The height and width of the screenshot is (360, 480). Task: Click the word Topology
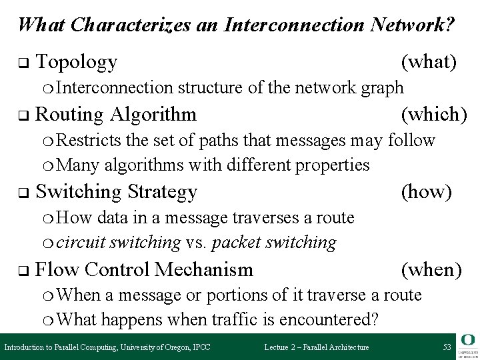(77, 63)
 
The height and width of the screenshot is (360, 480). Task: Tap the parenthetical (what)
(429, 63)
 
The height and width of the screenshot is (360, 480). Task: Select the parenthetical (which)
(433, 115)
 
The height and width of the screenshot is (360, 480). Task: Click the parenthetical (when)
(431, 270)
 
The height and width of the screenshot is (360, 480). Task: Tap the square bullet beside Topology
(21, 64)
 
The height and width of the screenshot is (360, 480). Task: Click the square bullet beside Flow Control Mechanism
(21, 271)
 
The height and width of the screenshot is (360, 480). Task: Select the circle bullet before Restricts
(59, 141)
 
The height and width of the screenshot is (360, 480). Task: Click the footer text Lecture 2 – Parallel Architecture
(317, 347)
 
